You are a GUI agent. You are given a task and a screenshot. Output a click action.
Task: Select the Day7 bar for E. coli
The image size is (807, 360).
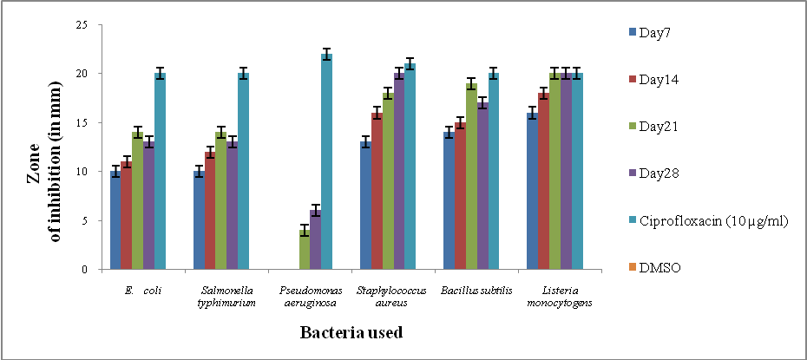point(115,220)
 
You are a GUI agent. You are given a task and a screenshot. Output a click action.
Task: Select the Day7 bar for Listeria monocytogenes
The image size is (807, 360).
point(532,191)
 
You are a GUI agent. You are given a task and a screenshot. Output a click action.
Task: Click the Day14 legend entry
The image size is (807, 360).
point(657,80)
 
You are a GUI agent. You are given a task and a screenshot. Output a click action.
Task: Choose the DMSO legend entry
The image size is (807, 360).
point(657,268)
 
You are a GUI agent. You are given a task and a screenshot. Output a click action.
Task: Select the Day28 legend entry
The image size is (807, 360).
point(657,173)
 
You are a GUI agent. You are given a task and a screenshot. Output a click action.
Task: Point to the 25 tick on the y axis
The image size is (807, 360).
point(83,25)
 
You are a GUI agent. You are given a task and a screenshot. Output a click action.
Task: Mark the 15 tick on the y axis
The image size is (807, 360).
point(83,123)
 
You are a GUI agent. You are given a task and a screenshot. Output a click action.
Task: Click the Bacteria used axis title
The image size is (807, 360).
point(351,332)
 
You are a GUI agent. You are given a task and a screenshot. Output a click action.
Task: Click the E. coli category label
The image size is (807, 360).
point(143,290)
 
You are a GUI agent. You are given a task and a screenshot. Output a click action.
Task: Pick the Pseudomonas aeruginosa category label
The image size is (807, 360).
point(309,295)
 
